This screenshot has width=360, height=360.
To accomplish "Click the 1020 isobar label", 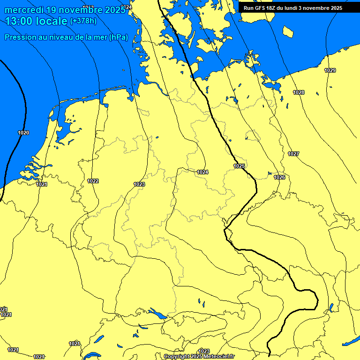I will tap(23, 133).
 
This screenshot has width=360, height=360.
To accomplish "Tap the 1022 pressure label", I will tap(93, 181).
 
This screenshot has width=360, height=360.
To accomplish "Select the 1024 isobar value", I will tap(202, 172).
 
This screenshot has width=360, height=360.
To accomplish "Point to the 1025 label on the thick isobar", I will tap(240, 166).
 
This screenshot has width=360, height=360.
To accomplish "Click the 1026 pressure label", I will tap(279, 177).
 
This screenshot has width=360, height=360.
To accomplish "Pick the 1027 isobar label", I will tap(293, 154).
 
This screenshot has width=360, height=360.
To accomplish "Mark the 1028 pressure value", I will tap(299, 92).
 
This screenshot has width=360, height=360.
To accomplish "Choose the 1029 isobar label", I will tap(330, 70).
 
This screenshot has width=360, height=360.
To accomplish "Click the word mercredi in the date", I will tap(26, 10).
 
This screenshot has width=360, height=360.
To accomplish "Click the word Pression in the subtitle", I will tap(20, 37).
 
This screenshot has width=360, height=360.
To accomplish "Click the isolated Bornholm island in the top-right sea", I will tap(288, 31).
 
